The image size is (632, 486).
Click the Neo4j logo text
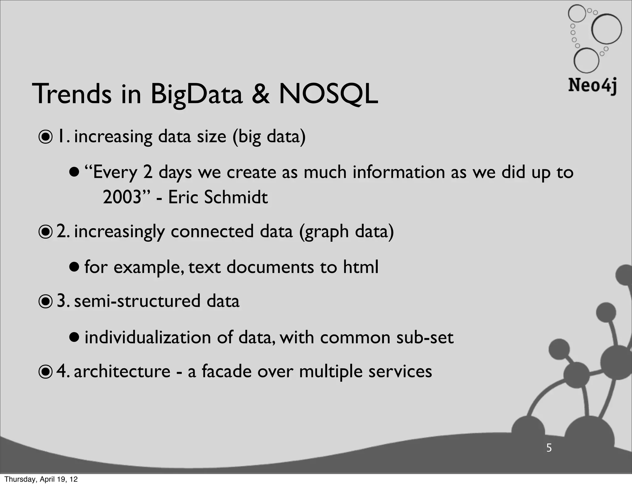coord(592,85)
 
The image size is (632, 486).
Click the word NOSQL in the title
coord(328,94)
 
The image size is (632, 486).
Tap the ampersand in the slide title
coord(260,94)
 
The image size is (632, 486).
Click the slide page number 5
coord(549,447)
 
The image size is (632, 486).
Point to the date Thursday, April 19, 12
coord(41,479)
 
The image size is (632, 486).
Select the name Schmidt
coord(236,197)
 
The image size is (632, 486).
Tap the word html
coord(361,267)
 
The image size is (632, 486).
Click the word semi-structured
coord(137,301)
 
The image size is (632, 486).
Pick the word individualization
coord(148,337)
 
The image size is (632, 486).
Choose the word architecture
coord(122,371)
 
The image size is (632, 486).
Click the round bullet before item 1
coord(46,138)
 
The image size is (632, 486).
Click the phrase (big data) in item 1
coord(269,137)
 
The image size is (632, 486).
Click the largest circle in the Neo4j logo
coord(606,29)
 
